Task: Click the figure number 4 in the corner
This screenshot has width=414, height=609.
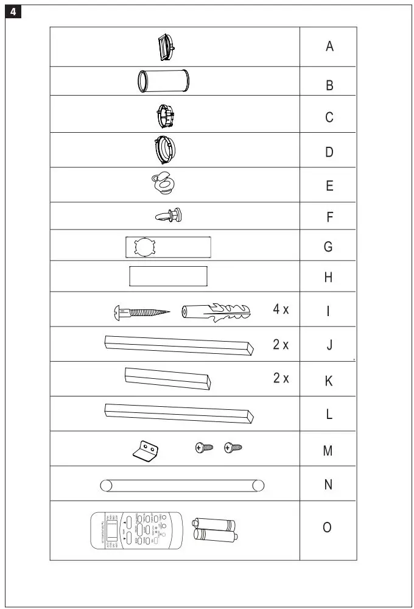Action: click(13, 13)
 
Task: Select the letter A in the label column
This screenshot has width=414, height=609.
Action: click(329, 46)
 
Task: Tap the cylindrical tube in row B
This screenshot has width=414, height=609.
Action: click(163, 80)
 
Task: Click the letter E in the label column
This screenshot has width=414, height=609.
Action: click(329, 186)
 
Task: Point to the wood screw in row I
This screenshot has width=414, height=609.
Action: click(140, 312)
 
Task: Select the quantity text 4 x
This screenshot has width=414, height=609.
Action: click(281, 309)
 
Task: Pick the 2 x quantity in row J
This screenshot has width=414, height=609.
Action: click(281, 345)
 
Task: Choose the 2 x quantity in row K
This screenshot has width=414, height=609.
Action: click(281, 378)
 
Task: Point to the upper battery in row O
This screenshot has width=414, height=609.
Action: click(214, 523)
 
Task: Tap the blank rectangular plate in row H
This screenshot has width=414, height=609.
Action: click(168, 276)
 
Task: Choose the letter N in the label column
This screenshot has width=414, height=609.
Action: click(329, 485)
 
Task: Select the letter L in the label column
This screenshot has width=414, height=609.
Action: click(329, 415)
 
